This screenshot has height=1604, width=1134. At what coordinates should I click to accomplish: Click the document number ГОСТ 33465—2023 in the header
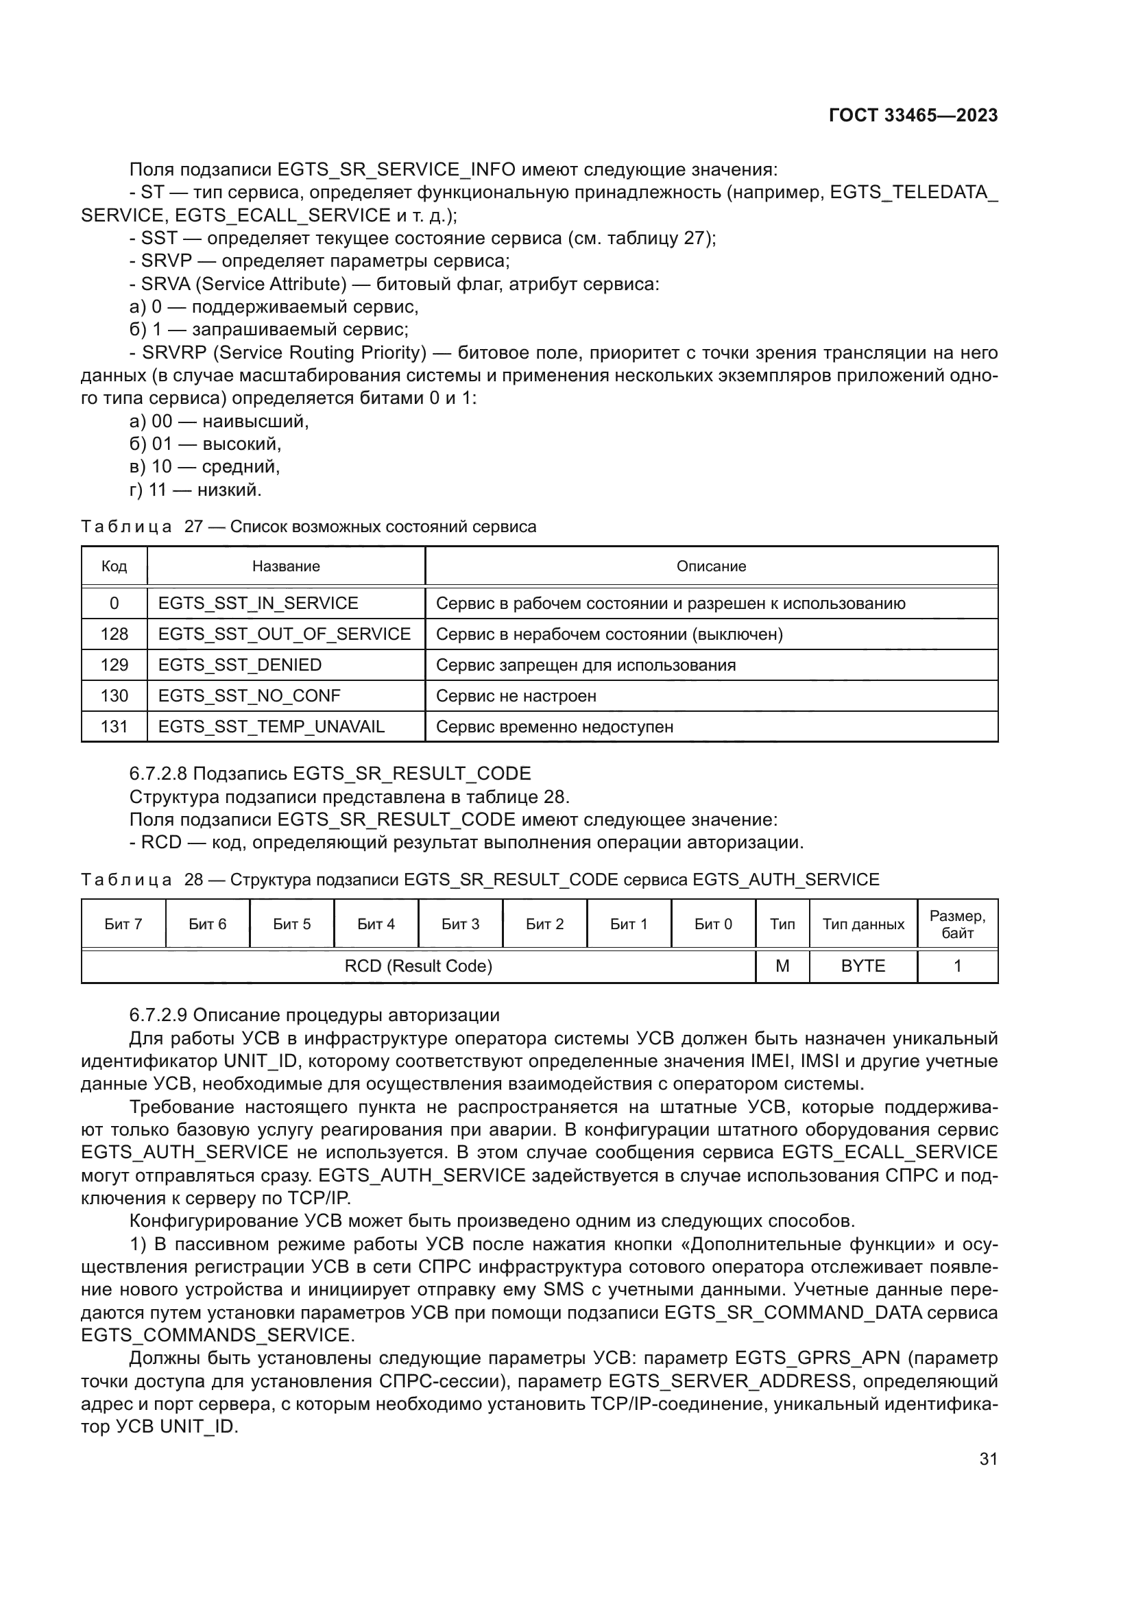pos(913,116)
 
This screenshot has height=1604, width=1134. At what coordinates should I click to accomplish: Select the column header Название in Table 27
pos(286,566)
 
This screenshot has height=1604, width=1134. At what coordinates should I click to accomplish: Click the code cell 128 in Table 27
pos(114,634)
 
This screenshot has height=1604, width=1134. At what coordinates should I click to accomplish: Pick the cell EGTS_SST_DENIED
pos(239,665)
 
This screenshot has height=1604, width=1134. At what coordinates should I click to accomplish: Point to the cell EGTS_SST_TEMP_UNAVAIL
pos(271,726)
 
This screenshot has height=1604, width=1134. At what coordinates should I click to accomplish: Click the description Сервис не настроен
pos(516,696)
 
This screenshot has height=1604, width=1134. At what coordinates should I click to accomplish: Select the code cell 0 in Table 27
pos(114,603)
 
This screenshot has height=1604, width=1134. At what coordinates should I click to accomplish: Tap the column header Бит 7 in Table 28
pos(123,924)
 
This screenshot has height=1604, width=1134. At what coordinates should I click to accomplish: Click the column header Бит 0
pos(713,924)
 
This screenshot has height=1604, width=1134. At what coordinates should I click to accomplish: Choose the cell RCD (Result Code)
pos(418,966)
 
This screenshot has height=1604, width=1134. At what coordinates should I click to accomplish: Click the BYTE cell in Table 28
pos(863,966)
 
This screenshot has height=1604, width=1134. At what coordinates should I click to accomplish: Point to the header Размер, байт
pos(956,924)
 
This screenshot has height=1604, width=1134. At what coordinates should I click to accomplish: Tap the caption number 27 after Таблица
pos(193,527)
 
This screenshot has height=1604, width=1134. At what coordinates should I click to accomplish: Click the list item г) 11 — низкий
pos(195,490)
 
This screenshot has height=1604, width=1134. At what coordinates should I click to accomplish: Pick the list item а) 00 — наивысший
pos(219,421)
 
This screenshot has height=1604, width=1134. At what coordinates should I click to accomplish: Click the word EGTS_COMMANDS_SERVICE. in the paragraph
pos(218,1335)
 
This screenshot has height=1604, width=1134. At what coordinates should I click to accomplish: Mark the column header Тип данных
pos(863,924)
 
